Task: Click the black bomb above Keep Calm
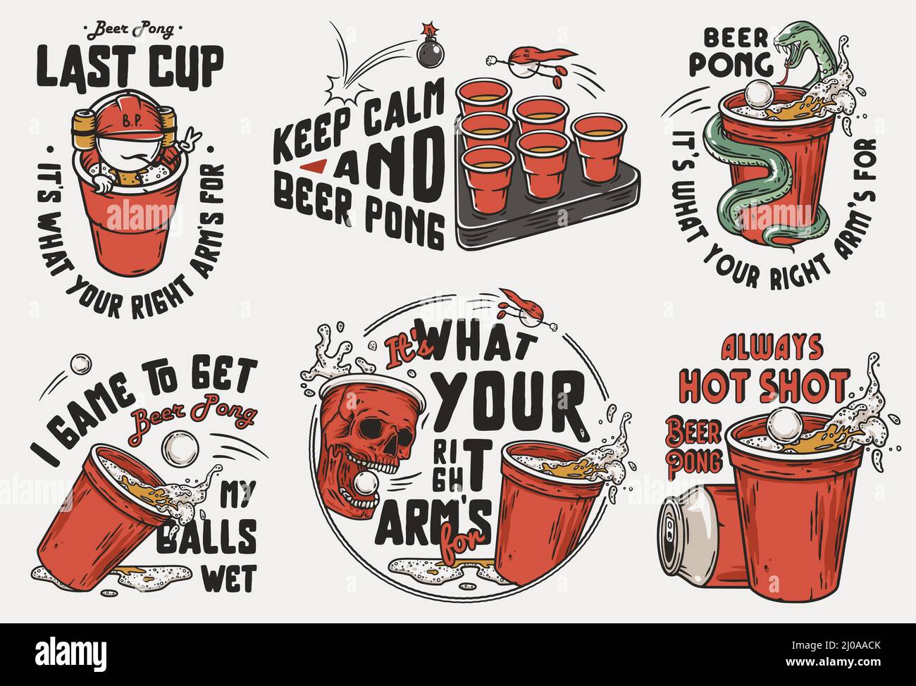pyautogui.click(x=428, y=54)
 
